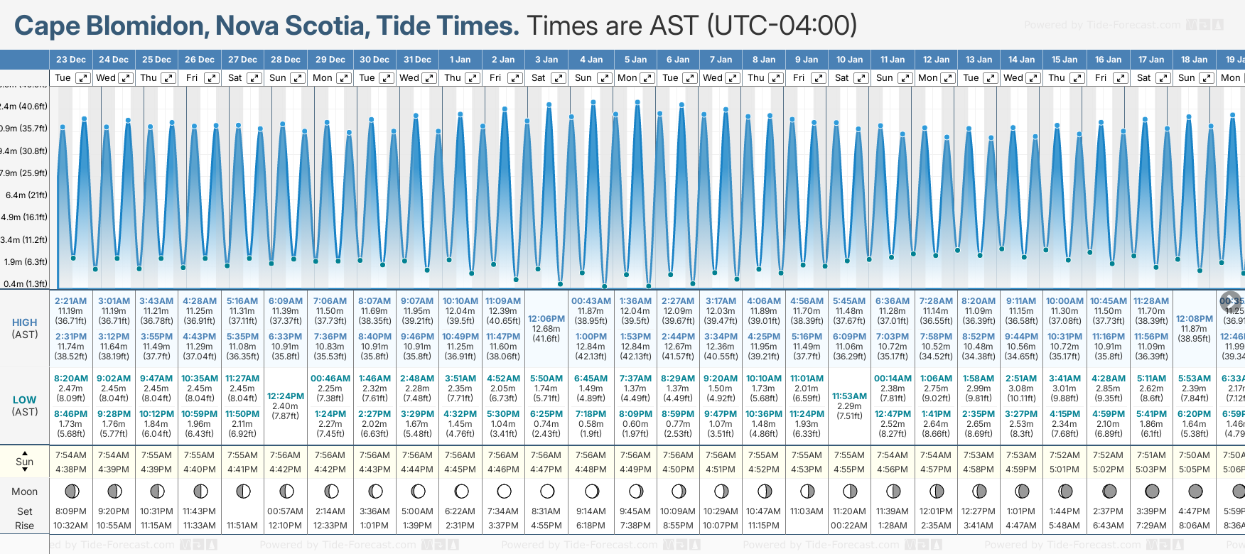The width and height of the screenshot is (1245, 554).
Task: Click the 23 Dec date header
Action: pos(70,60)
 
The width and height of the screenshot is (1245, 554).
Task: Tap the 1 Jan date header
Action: pos(460,60)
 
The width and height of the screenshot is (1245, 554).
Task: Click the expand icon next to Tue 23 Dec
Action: pos(83,78)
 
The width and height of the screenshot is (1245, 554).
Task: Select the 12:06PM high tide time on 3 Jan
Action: pos(547,319)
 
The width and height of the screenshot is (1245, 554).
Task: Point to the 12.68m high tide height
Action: pos(546,329)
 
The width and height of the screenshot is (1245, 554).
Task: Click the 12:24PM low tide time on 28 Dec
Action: pos(285,396)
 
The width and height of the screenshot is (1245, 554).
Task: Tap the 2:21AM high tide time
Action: pos(70,301)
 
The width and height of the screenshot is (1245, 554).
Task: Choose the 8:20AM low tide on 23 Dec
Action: pos(70,379)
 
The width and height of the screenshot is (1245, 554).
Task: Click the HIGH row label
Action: pos(25,322)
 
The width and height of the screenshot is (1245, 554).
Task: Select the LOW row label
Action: pos(25,400)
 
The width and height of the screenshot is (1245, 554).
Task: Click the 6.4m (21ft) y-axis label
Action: pos(26,195)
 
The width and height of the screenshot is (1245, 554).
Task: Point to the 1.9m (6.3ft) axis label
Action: pos(26,261)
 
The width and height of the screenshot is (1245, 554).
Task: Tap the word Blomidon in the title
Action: pos(146,26)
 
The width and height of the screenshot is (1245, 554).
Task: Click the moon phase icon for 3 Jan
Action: pos(547,491)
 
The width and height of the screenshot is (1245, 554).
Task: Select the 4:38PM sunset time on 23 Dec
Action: pos(70,469)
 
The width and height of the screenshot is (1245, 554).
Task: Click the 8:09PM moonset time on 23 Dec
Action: pos(70,511)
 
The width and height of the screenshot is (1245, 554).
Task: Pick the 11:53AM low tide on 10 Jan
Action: pos(849,396)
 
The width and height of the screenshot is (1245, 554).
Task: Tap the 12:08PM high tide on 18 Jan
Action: pos(1194,319)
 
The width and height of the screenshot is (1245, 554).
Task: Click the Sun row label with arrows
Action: pos(25,462)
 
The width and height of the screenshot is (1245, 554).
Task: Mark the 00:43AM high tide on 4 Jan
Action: pos(591,301)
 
